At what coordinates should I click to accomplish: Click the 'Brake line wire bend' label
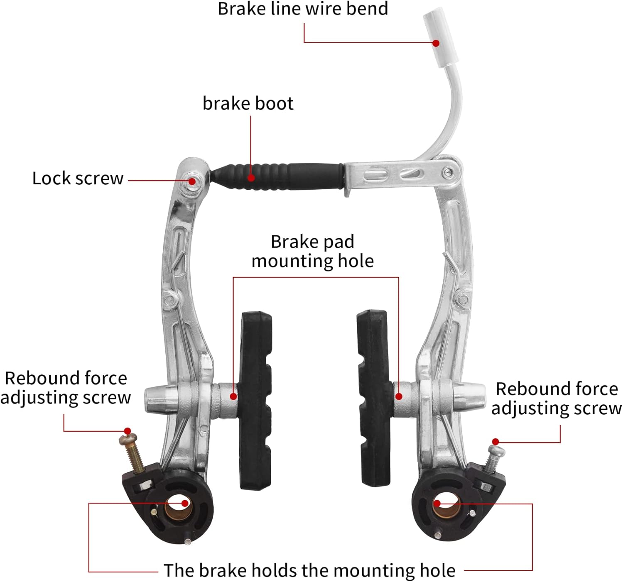point(303,9)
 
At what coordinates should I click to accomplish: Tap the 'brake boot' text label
point(248,104)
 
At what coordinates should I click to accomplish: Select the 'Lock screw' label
point(78,179)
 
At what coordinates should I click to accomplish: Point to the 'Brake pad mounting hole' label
point(312,252)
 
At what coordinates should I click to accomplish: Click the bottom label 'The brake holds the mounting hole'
point(309,571)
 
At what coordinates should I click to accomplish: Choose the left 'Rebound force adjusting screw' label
point(66,388)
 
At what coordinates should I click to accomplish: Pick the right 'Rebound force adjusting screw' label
point(557,399)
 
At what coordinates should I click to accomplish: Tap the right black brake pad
point(373,396)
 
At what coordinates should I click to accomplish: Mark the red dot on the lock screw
point(192,181)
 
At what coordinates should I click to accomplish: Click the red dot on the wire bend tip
point(436,43)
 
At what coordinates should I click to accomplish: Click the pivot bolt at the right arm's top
point(447,172)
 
